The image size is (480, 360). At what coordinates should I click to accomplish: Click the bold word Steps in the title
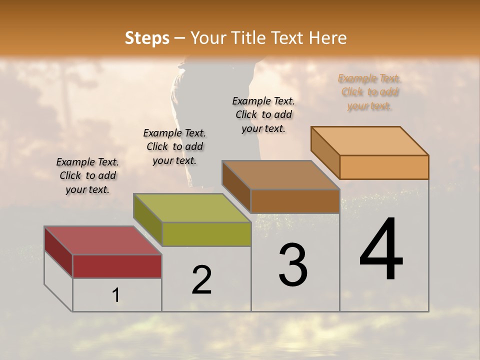coord(146,38)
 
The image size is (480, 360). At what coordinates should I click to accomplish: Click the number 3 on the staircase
coord(293,265)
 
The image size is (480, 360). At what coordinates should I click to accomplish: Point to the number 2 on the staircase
coord(201,280)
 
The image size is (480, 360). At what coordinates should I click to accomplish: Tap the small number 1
coord(116,295)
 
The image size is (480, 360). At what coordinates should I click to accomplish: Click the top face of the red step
coord(102,240)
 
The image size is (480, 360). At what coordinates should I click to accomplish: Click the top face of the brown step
coord(280,175)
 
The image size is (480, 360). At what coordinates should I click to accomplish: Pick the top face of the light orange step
coord(369,141)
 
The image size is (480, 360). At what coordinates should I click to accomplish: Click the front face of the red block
coord(117,266)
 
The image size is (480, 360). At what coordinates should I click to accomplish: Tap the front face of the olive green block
coord(206,234)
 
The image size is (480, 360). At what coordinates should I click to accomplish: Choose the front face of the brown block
coord(295,201)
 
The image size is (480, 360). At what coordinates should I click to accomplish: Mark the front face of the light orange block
coord(384,167)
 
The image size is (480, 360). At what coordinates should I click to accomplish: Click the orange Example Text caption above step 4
coord(369,92)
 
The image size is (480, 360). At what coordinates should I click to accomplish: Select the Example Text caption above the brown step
coord(263,114)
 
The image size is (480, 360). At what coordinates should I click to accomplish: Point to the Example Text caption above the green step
coord(174,146)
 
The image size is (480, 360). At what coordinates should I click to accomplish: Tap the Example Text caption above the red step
coord(87,175)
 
